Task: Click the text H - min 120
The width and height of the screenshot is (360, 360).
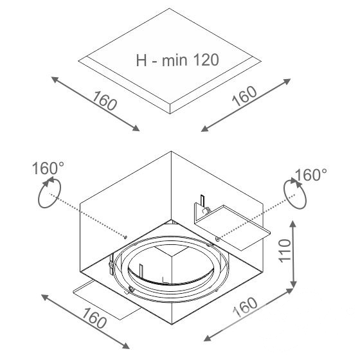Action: click(x=177, y=60)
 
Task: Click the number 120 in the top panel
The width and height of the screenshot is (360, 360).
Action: click(x=206, y=60)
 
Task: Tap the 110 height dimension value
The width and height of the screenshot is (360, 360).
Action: click(x=285, y=250)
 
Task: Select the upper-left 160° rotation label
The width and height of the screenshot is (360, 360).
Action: click(x=48, y=168)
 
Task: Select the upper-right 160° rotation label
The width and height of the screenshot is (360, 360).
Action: click(x=311, y=175)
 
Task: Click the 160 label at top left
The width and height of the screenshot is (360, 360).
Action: click(x=104, y=101)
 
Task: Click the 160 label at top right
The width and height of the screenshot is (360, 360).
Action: click(x=244, y=96)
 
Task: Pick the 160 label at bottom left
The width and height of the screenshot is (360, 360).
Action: click(x=94, y=318)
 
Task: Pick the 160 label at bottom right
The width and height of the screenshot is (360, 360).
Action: click(x=245, y=308)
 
